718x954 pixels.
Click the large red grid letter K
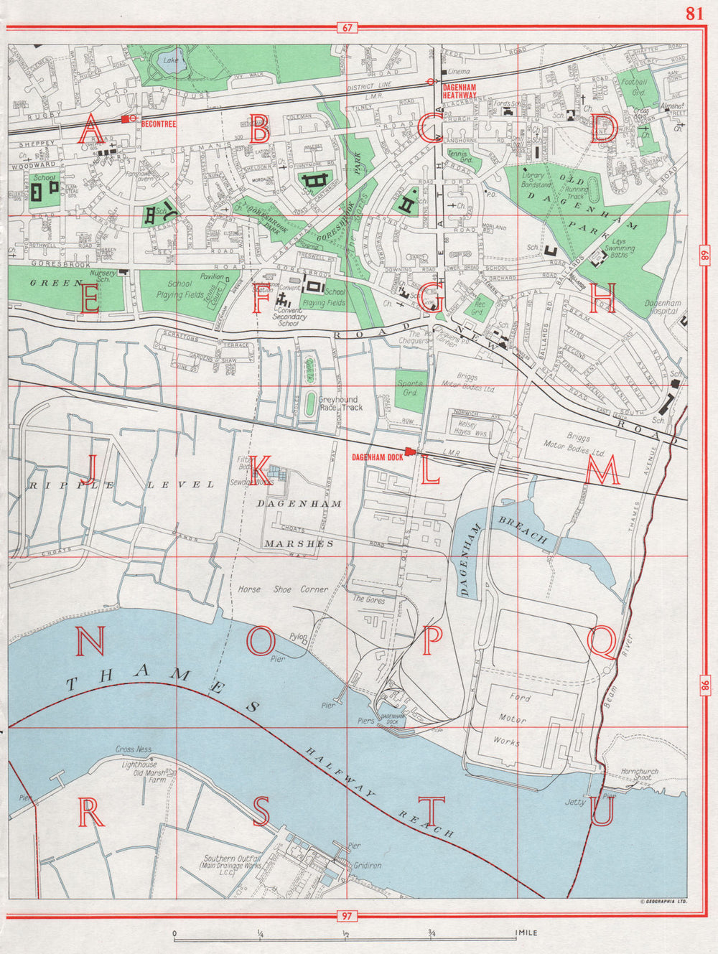tap(260, 471)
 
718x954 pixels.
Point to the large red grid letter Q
tap(602, 642)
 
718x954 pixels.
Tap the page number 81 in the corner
tap(694, 13)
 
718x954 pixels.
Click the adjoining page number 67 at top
tap(348, 28)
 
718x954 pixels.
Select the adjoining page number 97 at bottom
tap(348, 915)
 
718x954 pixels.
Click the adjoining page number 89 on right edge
tap(705, 253)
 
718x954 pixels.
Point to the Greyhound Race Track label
tap(340, 403)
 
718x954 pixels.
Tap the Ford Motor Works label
tap(513, 719)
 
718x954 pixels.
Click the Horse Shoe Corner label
tap(282, 589)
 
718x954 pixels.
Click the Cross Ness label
tap(134, 749)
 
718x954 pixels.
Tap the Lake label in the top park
tap(171, 60)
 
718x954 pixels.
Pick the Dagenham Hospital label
tap(661, 307)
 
